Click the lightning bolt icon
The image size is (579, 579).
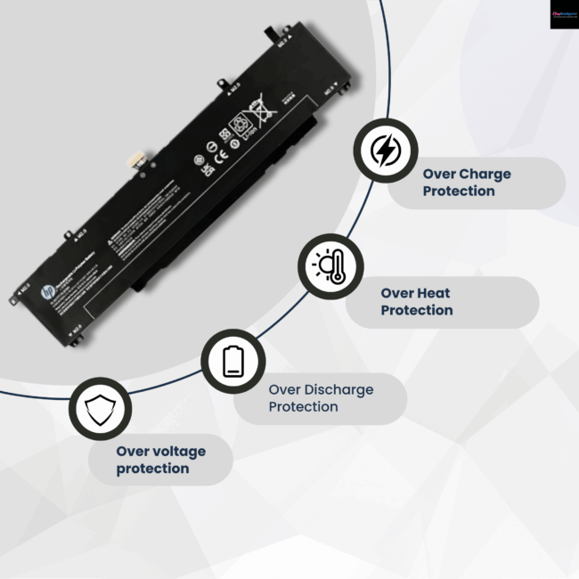coord(385,151)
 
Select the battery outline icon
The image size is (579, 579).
coord(232,361)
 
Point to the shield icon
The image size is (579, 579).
coord(99,409)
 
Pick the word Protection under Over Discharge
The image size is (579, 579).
coord(304,407)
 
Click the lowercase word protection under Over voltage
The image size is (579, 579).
coord(153,469)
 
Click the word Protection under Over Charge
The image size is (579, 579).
coord(459,192)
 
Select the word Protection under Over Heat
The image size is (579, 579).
coord(417,310)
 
